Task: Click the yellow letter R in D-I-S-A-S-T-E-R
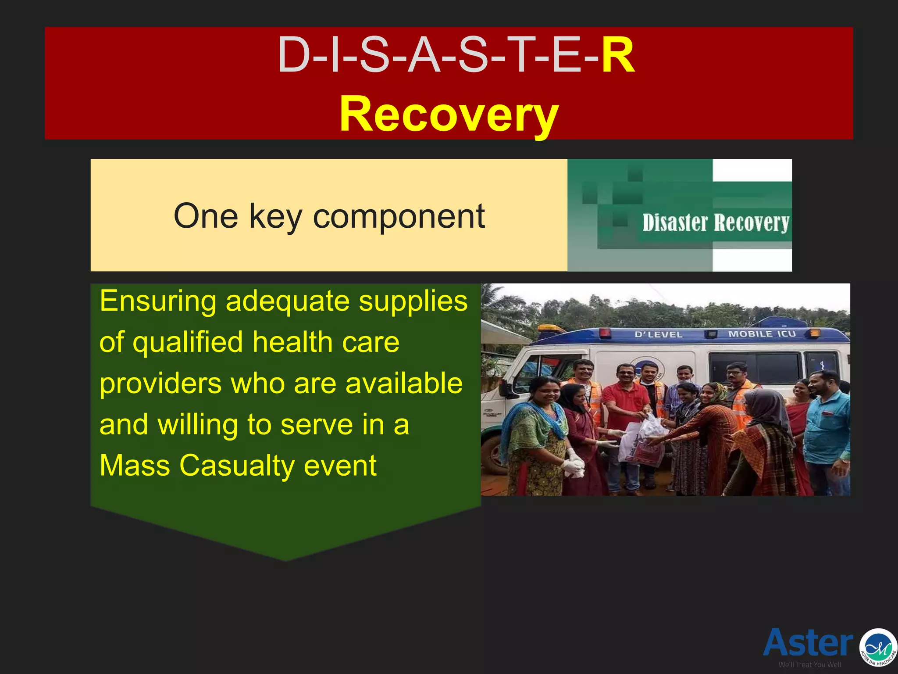coord(617,56)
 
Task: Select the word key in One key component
coord(275,216)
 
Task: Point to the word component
coord(399,216)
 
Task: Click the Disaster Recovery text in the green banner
coord(715,223)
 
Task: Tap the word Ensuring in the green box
coord(158,302)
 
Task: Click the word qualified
coord(188,343)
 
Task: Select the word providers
coord(160,384)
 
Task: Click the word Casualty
coord(237,466)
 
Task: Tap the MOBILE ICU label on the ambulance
coord(762,334)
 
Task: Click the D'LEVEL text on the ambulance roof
coord(658,334)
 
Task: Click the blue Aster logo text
coord(808,643)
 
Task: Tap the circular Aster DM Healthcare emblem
coord(878,648)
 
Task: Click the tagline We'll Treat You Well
coord(809,665)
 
